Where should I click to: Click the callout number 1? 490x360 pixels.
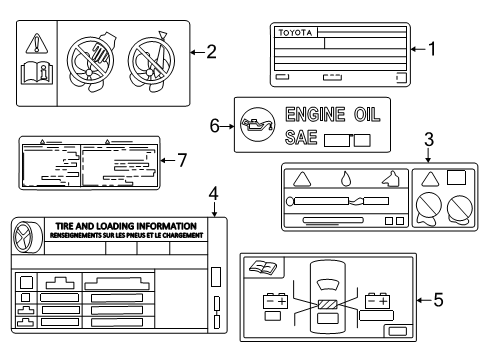click(432, 47)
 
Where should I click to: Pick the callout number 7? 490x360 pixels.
click(181, 160)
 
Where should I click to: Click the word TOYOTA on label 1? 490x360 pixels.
click(294, 33)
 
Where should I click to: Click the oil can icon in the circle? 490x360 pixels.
click(254, 125)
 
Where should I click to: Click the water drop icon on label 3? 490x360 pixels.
click(345, 180)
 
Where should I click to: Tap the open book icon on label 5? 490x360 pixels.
click(265, 267)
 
